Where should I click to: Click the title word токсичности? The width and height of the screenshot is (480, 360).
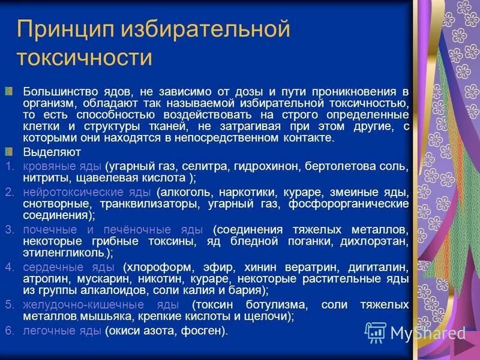[x=84, y=58]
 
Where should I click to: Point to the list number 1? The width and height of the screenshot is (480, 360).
[x=8, y=165]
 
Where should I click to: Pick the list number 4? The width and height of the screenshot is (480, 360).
[x=8, y=267]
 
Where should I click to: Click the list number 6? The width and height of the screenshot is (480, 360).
[x=8, y=331]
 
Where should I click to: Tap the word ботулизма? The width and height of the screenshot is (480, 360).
[x=276, y=304]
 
